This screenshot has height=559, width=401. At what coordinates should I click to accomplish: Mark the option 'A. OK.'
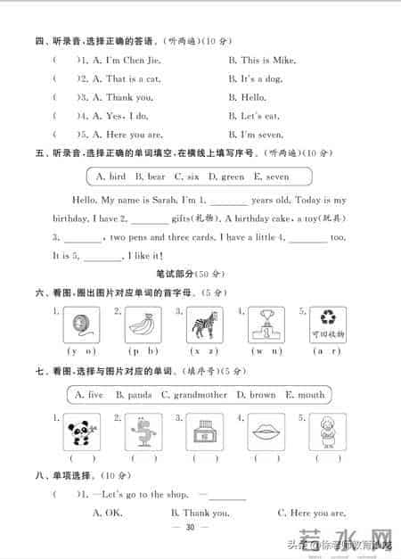click(107, 513)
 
